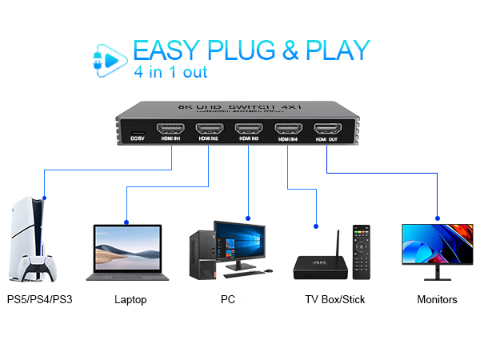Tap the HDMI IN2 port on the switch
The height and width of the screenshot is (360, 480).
click(x=209, y=129)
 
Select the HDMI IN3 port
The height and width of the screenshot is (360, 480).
click(x=249, y=129)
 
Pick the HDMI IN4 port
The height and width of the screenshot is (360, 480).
click(x=288, y=129)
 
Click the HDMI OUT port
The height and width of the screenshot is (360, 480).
click(x=326, y=129)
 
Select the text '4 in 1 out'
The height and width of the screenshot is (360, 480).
click(x=170, y=73)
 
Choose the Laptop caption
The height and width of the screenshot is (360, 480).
click(x=130, y=300)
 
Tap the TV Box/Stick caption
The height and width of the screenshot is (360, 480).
click(x=323, y=300)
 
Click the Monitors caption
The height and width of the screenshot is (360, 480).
click(x=437, y=300)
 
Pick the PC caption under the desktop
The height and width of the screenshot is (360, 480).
click(x=227, y=300)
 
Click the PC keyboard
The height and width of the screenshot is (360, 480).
click(x=248, y=274)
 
